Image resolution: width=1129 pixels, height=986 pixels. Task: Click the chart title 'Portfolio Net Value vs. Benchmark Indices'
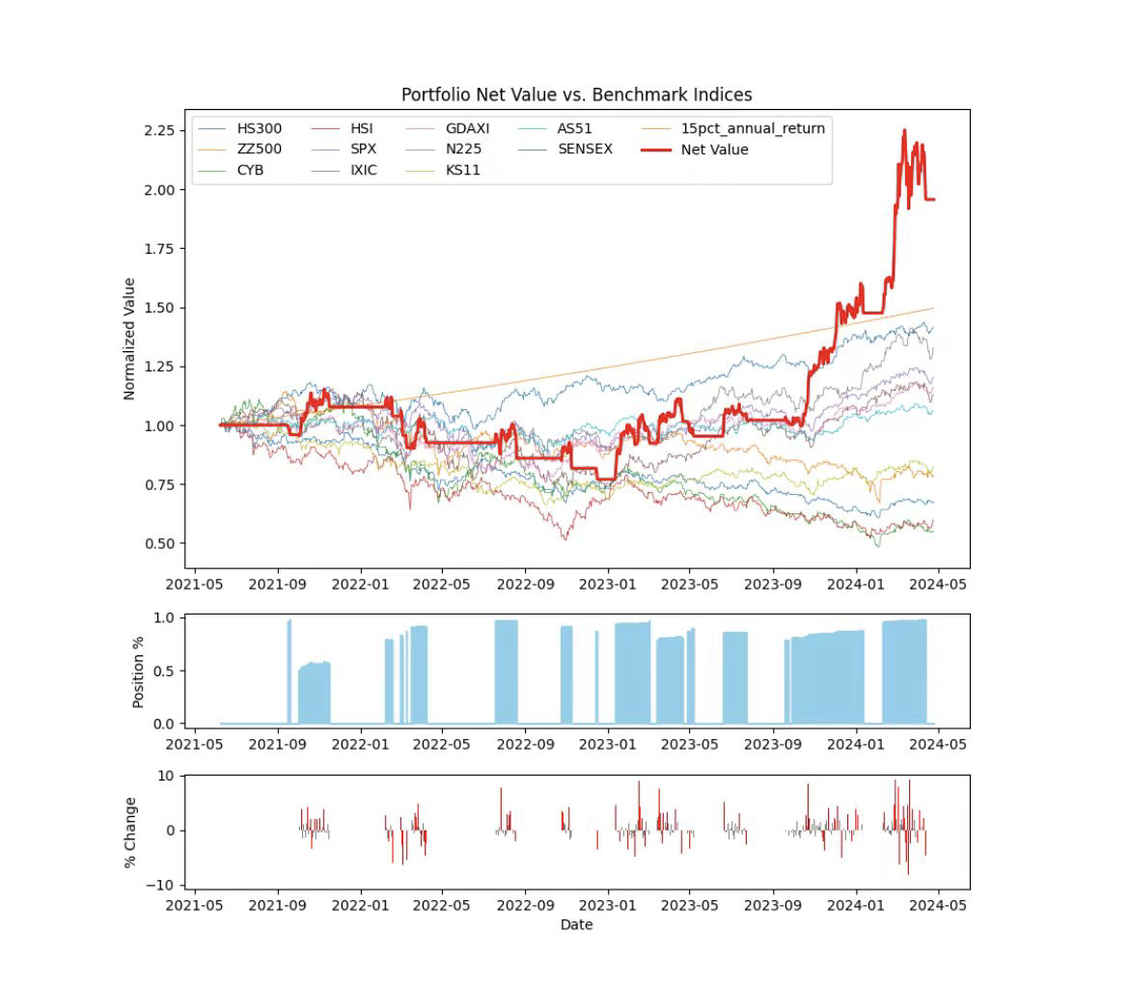click(576, 95)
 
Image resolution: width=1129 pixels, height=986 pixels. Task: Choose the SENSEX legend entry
click(584, 150)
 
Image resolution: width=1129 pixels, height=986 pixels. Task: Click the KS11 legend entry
click(462, 171)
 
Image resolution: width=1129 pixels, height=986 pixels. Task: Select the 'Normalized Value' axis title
click(129, 339)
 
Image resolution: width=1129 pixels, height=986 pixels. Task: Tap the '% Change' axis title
click(130, 832)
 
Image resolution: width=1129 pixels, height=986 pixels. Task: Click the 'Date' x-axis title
click(576, 924)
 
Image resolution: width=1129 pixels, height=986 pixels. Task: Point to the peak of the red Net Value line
click(904, 130)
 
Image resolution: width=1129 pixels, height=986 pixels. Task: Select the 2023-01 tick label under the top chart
click(609, 583)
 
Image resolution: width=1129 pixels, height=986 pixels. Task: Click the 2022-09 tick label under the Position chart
click(526, 743)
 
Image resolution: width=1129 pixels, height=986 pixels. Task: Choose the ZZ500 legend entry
click(259, 150)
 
